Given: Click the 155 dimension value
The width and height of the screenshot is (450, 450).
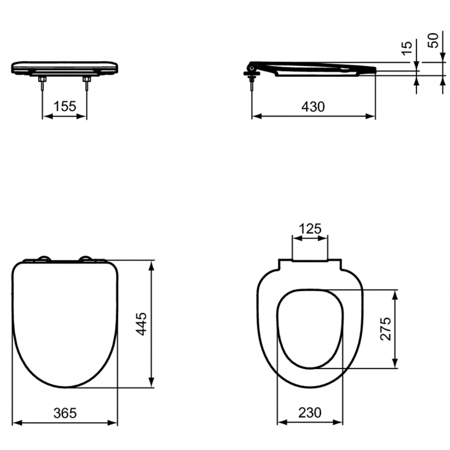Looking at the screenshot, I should coord(64,106).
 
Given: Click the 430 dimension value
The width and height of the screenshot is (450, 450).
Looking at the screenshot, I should coord(313,106).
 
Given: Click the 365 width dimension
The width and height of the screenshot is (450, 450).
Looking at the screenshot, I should coord(65,413).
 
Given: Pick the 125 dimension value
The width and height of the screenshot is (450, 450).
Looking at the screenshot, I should coord(310,229).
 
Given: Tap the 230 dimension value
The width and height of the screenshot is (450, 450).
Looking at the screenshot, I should coord(310,413).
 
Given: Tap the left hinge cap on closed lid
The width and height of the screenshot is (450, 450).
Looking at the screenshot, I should coord(44,259).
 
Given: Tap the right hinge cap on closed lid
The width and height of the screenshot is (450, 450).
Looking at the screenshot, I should coord(88,259).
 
